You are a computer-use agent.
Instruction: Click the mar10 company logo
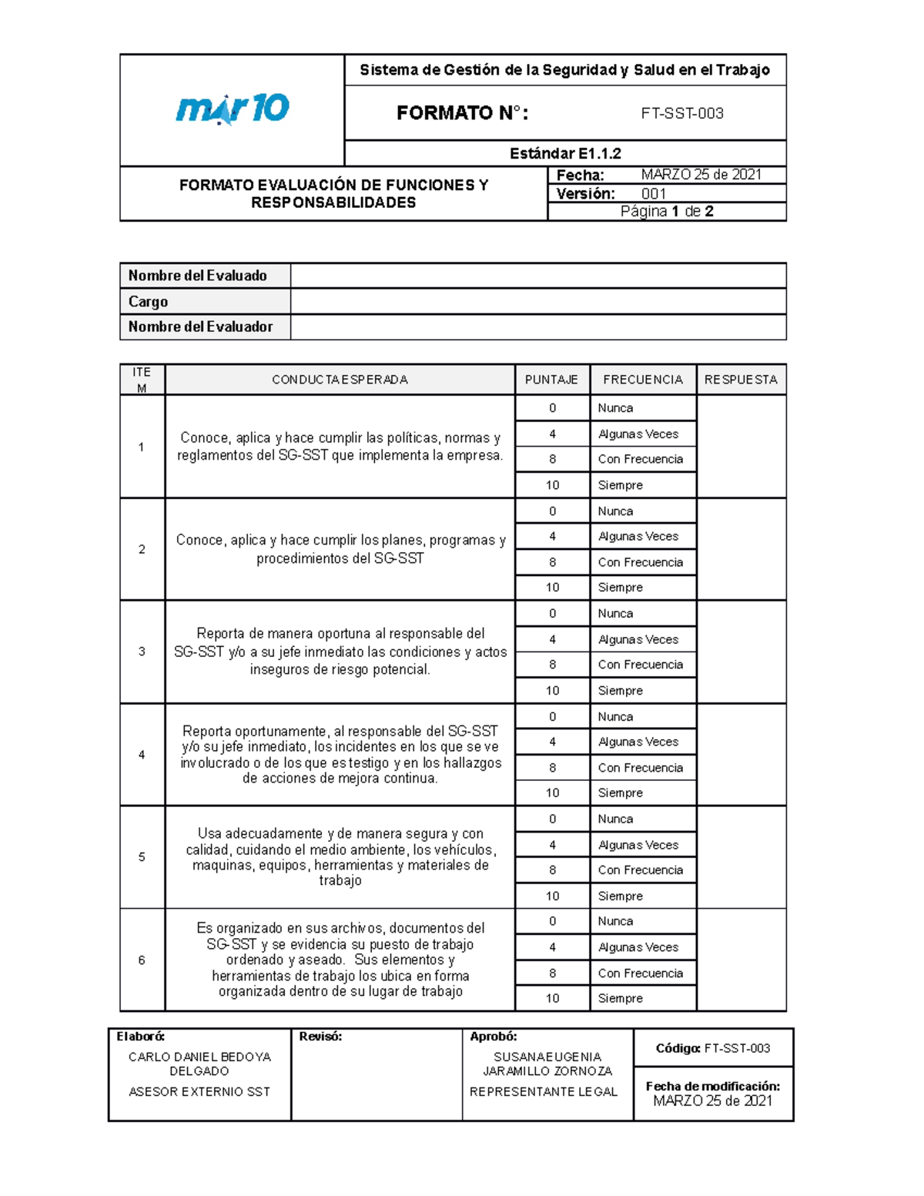click(232, 109)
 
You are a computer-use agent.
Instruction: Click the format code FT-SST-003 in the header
click(682, 113)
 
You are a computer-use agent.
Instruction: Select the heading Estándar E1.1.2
click(565, 153)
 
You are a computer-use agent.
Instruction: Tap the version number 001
click(654, 194)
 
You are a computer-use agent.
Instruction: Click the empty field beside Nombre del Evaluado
click(537, 276)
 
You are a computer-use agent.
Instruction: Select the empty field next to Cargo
click(537, 301)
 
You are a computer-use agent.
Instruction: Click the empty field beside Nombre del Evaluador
click(537, 327)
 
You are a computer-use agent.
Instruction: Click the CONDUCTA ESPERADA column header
click(340, 380)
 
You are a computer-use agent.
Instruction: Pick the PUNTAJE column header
click(551, 380)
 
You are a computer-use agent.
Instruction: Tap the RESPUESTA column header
click(741, 380)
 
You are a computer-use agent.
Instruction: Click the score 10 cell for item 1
click(552, 485)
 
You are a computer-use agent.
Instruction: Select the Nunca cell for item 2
click(642, 511)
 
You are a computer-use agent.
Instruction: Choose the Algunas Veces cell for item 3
click(642, 639)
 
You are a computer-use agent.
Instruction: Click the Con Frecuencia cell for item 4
click(642, 768)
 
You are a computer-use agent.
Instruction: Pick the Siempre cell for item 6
click(642, 998)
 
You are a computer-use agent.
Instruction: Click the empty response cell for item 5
click(741, 857)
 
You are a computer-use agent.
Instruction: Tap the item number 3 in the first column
click(142, 652)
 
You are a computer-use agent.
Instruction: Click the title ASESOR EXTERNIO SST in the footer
click(199, 1091)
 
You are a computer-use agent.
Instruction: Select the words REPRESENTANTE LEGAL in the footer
click(544, 1091)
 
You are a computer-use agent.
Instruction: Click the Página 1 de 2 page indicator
click(667, 211)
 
